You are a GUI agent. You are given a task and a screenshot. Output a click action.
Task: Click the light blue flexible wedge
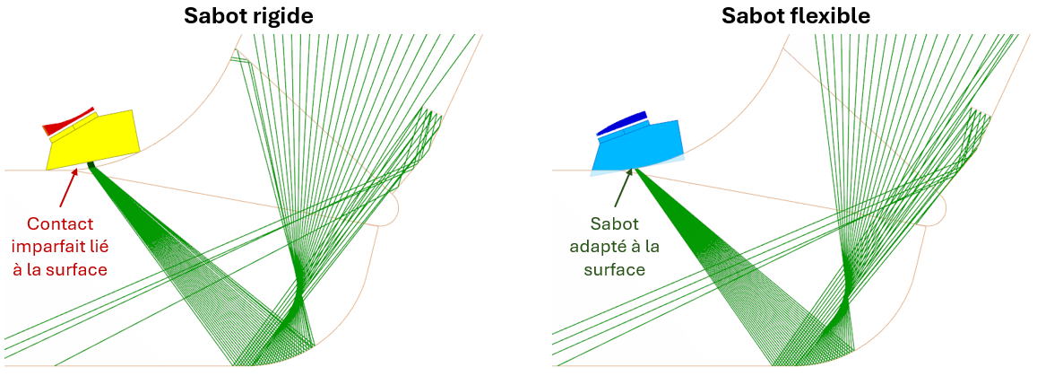pyautogui.click(x=637, y=147)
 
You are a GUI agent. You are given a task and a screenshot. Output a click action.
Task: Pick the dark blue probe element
pyautogui.click(x=621, y=123)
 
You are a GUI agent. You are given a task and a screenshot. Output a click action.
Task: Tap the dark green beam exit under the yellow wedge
pyautogui.click(x=91, y=166)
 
